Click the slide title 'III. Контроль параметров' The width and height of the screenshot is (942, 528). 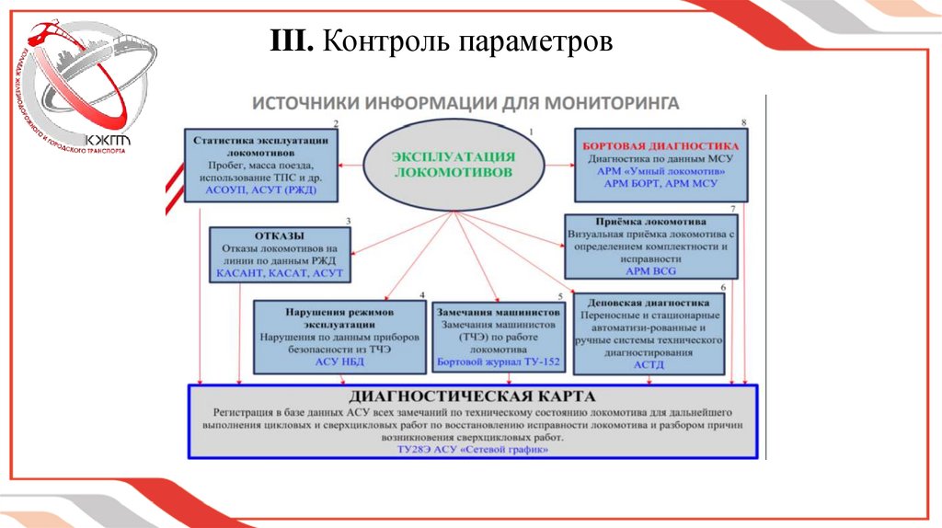tap(441, 41)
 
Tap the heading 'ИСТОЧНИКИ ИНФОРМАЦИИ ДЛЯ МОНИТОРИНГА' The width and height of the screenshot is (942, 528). tap(466, 102)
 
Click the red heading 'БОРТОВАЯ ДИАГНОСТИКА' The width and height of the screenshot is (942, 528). tap(660, 145)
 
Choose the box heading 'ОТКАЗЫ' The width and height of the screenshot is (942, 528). tap(279, 235)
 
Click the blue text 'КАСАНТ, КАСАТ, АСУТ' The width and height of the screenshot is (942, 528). tap(280, 273)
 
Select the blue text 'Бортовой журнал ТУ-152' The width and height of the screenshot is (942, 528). tap(498, 363)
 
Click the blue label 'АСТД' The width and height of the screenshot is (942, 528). tap(648, 365)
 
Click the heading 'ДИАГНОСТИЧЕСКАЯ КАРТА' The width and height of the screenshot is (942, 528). tap(472, 396)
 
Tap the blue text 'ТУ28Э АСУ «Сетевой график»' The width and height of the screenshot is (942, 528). tap(472, 451)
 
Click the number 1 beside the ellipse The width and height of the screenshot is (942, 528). tap(530, 133)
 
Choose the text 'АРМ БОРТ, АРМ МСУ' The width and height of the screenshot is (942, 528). tap(660, 184)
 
